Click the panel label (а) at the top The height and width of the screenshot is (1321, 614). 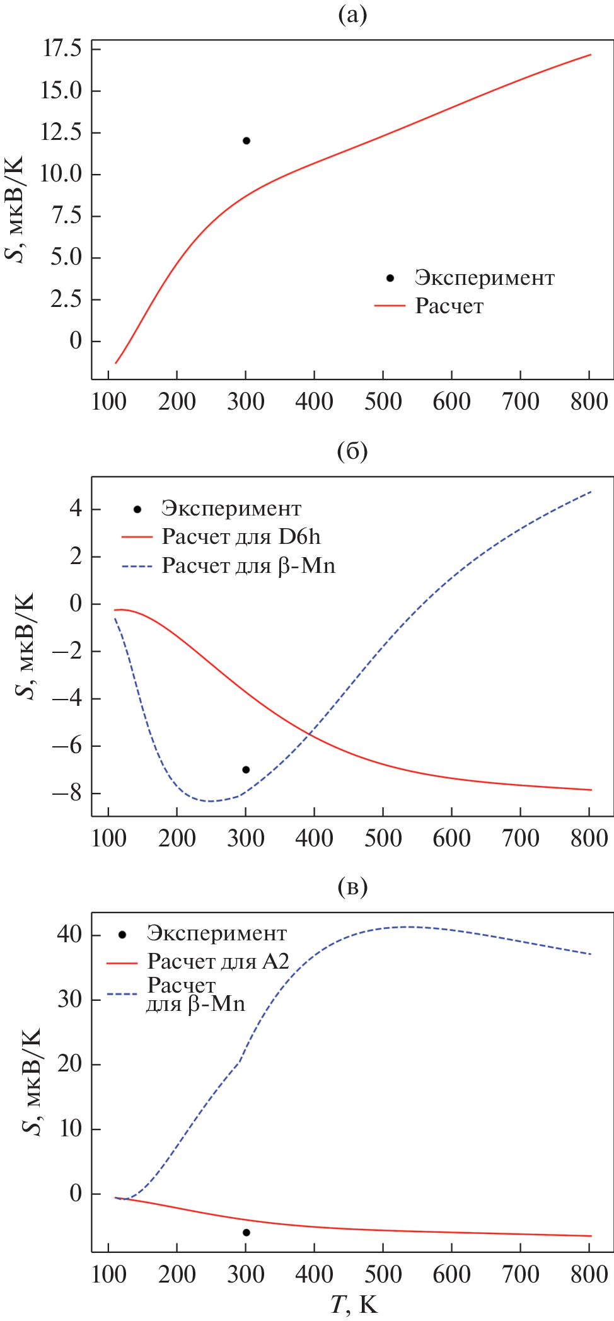point(352,15)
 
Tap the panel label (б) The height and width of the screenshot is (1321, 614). point(352,451)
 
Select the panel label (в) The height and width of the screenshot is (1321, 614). point(352,887)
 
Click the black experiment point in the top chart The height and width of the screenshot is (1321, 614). point(246,141)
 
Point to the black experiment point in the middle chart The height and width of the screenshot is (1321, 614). point(246,770)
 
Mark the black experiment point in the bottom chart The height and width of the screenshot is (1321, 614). point(246,1232)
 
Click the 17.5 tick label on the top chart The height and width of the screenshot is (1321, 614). point(62,49)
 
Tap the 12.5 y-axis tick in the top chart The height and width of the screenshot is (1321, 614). point(62,132)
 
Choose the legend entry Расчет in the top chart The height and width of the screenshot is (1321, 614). point(449,306)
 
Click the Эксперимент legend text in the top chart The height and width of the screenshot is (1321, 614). point(484,278)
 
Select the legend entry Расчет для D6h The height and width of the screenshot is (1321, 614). point(241,537)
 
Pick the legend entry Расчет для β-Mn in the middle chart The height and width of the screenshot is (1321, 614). point(248,566)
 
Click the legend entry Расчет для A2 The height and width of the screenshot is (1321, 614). point(218,962)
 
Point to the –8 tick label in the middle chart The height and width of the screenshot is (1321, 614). point(67,793)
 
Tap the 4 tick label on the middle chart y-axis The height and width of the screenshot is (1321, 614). point(76,509)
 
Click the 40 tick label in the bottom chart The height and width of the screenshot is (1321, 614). point(69,934)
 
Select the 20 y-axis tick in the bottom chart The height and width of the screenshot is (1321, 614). point(69,1064)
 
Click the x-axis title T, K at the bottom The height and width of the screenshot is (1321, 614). point(354,1304)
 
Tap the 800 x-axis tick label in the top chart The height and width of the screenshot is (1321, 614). point(589,401)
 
